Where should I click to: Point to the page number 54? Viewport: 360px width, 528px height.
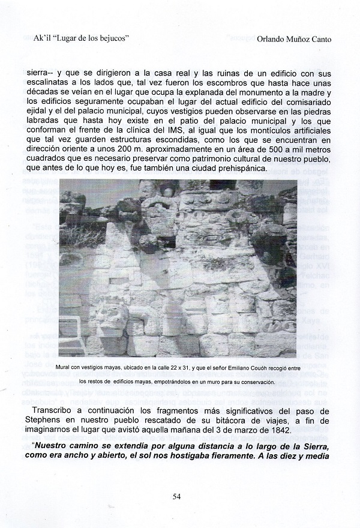176,496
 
